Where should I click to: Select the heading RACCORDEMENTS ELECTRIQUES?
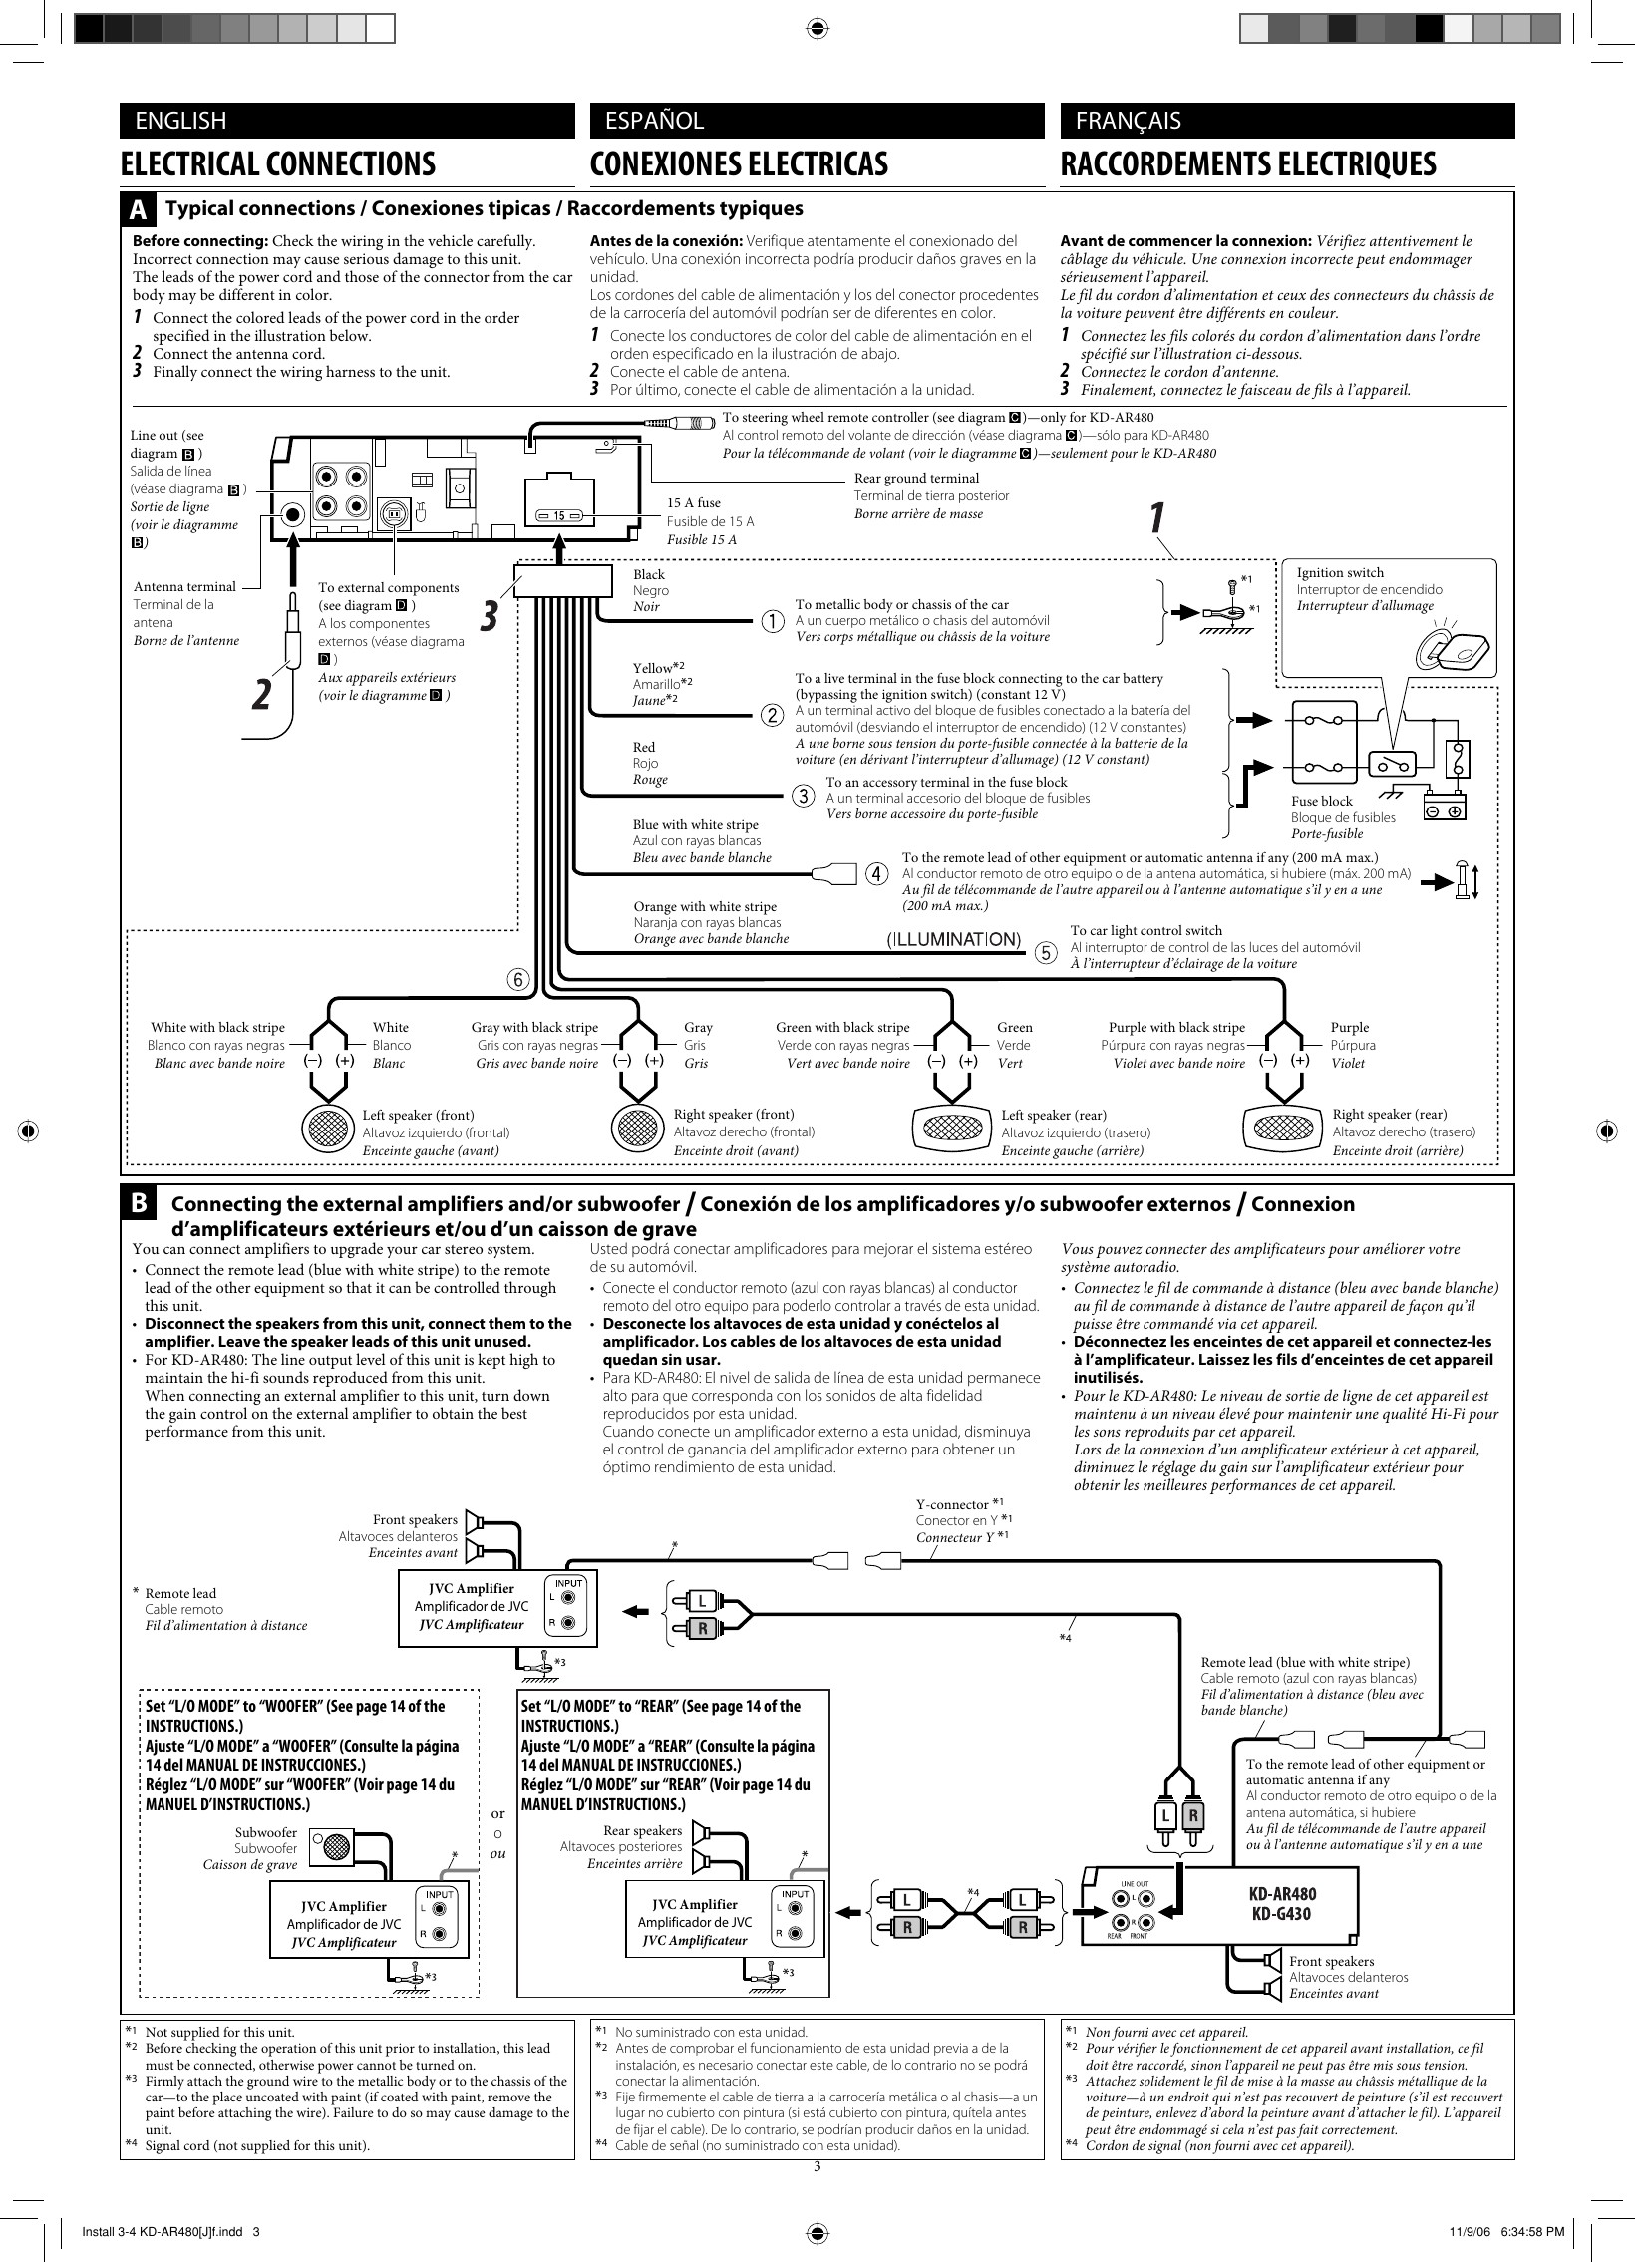coord(1248,163)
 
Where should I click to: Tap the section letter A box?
coord(139,210)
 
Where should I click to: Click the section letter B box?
coord(139,1204)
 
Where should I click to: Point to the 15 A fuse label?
coord(693,503)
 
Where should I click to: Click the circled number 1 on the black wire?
coord(773,621)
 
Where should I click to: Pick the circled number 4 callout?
coord(876,873)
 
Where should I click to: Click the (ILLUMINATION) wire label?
coord(954,938)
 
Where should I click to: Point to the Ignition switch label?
coord(1340,572)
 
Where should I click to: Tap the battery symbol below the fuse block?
coord(1445,804)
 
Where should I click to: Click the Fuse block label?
coord(1322,801)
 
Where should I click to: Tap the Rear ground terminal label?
coord(917,478)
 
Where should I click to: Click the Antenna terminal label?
coord(184,586)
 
